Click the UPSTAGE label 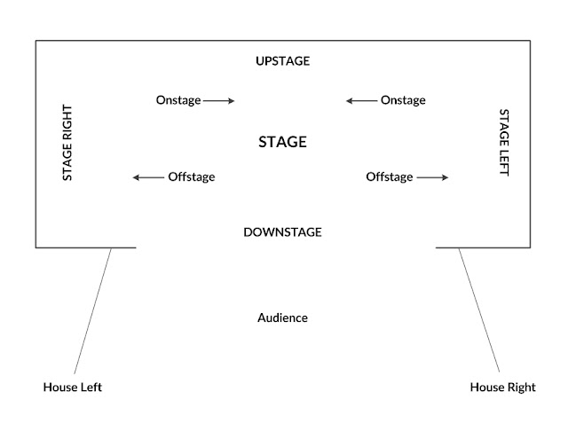pos(282,61)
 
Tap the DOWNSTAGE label pos(282,232)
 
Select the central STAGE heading pos(282,142)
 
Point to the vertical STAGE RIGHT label pos(67,144)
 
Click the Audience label pos(282,317)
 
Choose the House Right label pos(502,388)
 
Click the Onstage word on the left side pos(177,101)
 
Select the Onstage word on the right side pos(403,101)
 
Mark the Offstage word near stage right pos(191,177)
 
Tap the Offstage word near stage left pos(389,177)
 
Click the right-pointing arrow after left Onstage pos(219,101)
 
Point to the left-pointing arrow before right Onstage pos(361,101)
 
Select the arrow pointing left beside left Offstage pos(148,177)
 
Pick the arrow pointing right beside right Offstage pos(432,177)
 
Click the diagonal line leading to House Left pos(93,310)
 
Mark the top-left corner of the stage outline pos(35,40)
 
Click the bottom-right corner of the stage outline pos(531,247)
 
